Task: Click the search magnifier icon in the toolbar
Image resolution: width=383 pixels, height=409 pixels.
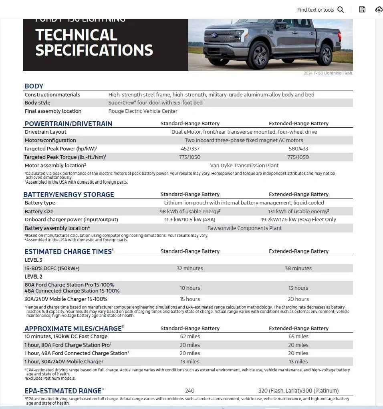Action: pos(341,10)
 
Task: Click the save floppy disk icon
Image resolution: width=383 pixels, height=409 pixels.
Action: pos(362,10)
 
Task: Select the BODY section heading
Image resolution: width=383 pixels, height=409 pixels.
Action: pos(34,86)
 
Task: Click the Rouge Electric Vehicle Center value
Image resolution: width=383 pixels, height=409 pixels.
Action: pos(143,111)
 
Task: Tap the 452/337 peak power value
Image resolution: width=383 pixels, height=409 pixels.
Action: pos(190,148)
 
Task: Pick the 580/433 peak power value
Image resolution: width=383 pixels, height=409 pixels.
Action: pos(298,148)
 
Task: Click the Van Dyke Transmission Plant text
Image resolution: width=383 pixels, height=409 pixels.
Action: pos(244,165)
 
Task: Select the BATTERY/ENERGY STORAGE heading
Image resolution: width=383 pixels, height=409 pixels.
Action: pos(69,194)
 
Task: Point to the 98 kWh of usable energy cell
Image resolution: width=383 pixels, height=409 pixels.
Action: pos(190,211)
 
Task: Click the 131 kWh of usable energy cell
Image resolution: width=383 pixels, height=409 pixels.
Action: pos(298,211)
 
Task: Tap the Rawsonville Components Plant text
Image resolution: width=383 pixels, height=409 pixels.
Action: pos(244,228)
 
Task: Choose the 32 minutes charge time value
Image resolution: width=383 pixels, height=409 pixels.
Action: pos(190,268)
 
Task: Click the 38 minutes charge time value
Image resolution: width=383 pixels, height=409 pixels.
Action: pos(298,268)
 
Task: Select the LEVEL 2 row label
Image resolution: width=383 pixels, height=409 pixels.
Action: pos(34,277)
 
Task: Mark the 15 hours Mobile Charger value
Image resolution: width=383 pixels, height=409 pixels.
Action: pos(190,299)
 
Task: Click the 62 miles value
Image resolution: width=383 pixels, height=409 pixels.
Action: pos(190,337)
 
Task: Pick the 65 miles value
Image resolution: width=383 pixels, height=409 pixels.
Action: pos(298,337)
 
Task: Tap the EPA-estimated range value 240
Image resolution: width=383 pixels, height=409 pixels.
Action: pos(190,391)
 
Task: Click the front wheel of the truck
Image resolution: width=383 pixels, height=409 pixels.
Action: pos(260,56)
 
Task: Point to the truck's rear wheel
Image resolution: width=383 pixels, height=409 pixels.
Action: pos(324,54)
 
